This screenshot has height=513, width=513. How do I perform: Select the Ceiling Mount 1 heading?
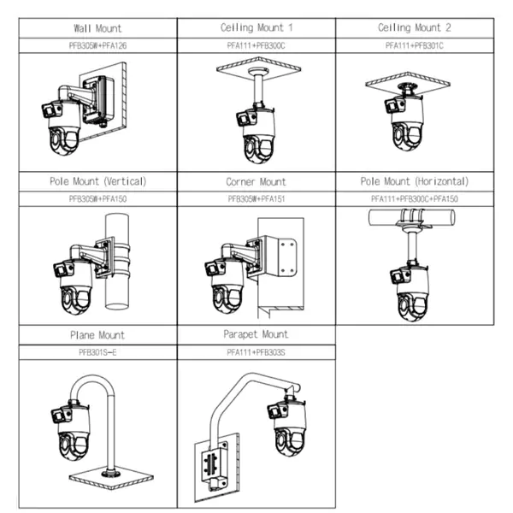(256, 28)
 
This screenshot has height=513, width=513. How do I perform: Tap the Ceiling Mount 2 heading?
(416, 28)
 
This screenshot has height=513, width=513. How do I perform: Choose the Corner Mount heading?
(256, 181)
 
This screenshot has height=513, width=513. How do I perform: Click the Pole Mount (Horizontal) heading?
(416, 181)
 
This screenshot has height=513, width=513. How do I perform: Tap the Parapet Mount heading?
(257, 334)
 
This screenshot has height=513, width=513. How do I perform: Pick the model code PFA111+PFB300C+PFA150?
(416, 198)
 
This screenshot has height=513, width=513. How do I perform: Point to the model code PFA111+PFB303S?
(257, 351)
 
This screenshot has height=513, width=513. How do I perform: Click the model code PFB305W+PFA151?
(256, 198)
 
